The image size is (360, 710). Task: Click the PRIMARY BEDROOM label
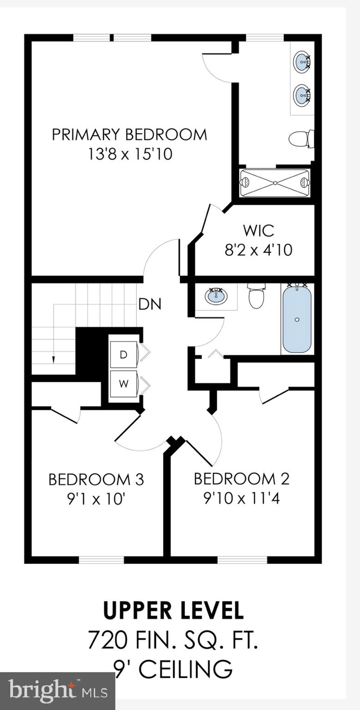coord(129,135)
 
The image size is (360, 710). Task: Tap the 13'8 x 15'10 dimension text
coord(130,153)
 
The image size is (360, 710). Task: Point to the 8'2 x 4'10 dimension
coord(258,250)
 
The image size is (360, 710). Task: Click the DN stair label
coord(150,304)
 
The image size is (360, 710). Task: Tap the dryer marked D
coord(123,355)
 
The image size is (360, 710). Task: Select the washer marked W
coord(123,384)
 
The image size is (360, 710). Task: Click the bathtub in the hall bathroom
coord(297,319)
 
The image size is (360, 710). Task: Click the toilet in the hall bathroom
coord(256,296)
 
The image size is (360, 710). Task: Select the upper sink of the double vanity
coord(302,61)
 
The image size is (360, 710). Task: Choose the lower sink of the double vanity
coord(302,96)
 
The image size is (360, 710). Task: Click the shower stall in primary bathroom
coord(275,183)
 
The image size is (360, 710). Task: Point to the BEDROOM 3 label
coord(96,479)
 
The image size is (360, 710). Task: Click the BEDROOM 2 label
coord(241,478)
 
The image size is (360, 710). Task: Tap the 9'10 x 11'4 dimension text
coord(241,498)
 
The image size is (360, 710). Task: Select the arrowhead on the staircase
coord(54,359)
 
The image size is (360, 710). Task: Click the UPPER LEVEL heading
coord(173,611)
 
